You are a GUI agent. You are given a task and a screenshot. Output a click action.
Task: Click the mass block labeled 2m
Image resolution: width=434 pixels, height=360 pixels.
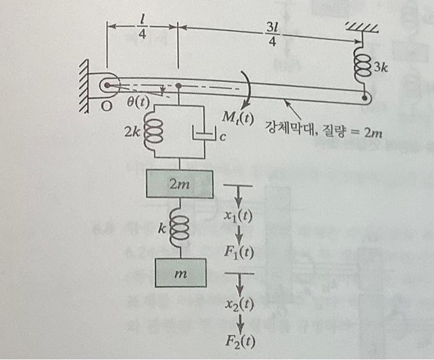[179, 183]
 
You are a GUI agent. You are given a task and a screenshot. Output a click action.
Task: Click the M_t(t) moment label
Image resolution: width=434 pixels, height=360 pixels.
[237, 118]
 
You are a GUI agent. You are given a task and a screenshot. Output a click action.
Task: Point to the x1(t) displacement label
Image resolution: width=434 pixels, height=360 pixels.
[239, 216]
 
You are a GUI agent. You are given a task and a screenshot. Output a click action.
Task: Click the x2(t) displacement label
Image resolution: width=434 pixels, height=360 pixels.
[239, 304]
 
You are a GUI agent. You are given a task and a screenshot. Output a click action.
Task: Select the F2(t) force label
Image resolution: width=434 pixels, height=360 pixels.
[239, 340]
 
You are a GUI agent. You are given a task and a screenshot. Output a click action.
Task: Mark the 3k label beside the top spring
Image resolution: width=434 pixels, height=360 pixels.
[379, 68]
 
